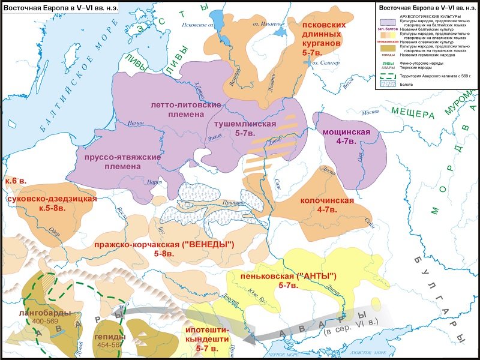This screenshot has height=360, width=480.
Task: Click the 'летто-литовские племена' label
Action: click(x=187, y=110)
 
